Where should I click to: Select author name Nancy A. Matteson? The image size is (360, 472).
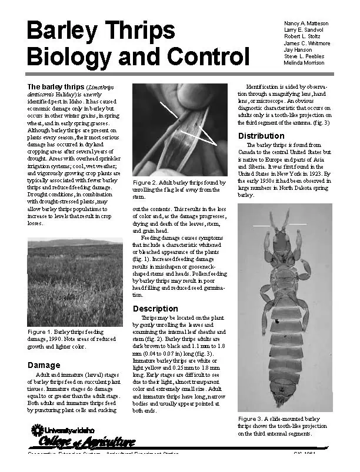pyautogui.click(x=306, y=24)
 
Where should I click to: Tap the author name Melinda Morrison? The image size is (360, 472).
pyautogui.click(x=304, y=63)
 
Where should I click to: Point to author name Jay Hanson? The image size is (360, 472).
pyautogui.click(x=298, y=50)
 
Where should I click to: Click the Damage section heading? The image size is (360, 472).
pyautogui.click(x=44, y=365)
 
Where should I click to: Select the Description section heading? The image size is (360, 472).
pyautogui.click(x=155, y=309)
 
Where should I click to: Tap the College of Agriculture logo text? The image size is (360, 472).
pyautogui.click(x=87, y=442)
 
